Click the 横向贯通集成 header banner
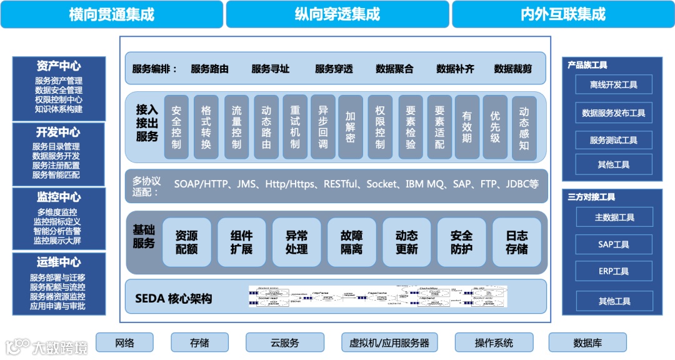click(111, 14)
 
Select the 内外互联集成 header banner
click(562, 14)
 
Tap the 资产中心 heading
click(59, 66)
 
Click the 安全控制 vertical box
click(176, 126)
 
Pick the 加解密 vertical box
click(350, 126)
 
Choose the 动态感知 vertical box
click(524, 127)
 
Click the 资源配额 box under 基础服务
click(186, 242)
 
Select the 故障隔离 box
click(351, 242)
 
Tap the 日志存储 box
click(516, 242)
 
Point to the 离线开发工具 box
click(614, 85)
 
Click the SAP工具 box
click(614, 244)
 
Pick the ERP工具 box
click(614, 271)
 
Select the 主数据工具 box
click(614, 217)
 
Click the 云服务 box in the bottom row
click(285, 342)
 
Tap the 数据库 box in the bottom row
click(587, 342)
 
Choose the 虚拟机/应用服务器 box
click(389, 342)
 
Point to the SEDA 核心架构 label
click(174, 299)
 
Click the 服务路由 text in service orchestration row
click(209, 69)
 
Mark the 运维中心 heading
click(59, 262)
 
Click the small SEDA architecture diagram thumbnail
click(378, 297)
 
